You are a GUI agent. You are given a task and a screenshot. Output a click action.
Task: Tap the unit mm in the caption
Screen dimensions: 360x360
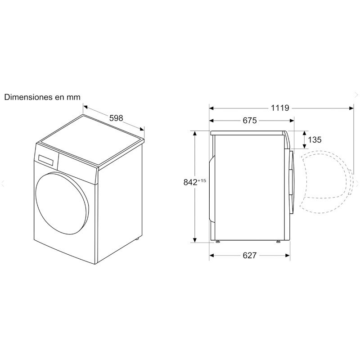pyautogui.click(x=74, y=97)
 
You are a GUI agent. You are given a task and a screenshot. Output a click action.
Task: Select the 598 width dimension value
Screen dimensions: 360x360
pyautogui.click(x=116, y=118)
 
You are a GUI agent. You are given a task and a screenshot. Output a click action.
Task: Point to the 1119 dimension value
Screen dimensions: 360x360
pyautogui.click(x=280, y=108)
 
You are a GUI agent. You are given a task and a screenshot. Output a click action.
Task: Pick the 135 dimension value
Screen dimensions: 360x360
pyautogui.click(x=315, y=139)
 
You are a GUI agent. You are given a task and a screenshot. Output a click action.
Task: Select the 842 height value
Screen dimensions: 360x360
pyautogui.click(x=191, y=182)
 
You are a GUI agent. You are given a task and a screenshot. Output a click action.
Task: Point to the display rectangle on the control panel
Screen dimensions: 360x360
pyautogui.click(x=47, y=159)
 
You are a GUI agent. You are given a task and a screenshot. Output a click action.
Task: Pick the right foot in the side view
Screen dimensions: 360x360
pyautogui.click(x=279, y=242)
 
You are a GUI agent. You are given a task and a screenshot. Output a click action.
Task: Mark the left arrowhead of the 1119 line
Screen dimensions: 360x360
pyautogui.click(x=211, y=108)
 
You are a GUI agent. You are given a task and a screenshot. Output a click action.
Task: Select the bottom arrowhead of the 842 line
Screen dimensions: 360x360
pyautogui.click(x=195, y=240)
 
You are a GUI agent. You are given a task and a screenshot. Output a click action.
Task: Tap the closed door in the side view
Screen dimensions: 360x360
pyautogui.click(x=292, y=182)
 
